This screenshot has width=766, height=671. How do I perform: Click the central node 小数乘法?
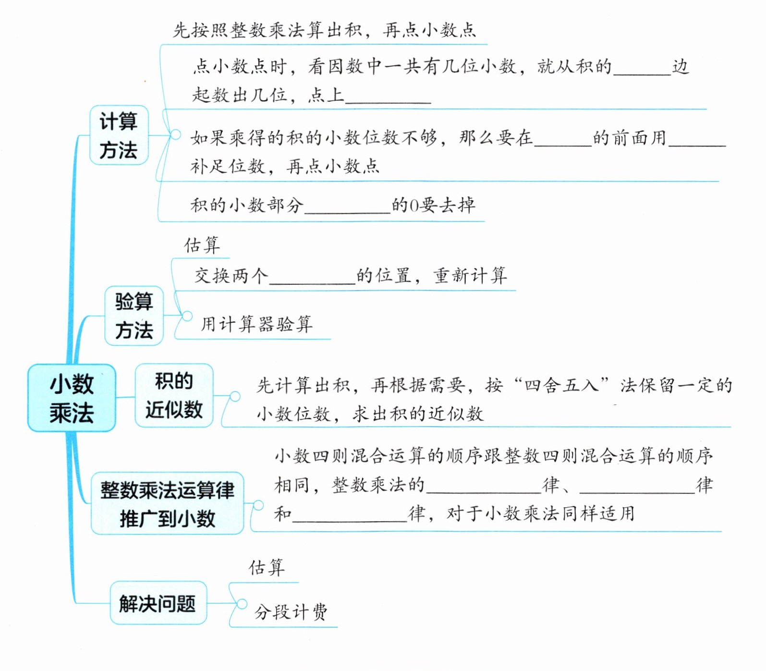pos(72,398)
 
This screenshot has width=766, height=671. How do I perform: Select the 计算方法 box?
pos(119,135)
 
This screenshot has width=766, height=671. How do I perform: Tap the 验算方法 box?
pos(134,316)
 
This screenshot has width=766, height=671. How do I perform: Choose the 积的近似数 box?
pos(174,395)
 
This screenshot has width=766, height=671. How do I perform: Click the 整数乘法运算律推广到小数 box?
pos(167,503)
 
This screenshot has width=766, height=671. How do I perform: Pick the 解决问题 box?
pos(158,603)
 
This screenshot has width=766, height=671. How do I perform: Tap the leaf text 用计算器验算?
pos(256,324)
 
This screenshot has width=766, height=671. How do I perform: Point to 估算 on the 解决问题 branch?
pos(267,567)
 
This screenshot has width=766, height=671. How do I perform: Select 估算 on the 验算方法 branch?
pos(202,245)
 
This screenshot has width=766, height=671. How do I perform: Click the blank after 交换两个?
pos(312,278)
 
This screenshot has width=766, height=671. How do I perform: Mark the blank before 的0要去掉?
pos(347,207)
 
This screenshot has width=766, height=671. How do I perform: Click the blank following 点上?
pos(388,96)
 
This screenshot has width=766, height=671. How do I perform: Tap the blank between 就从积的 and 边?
pos(642,68)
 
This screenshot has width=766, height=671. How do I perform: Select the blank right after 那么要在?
pos(562,139)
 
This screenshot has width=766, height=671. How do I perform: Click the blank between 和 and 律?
pos(350,515)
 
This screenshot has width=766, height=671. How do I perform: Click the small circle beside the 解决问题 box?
pos(242,604)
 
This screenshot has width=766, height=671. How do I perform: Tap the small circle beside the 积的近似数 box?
pos(235,396)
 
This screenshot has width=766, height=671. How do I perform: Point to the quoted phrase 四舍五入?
pos(561,385)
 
